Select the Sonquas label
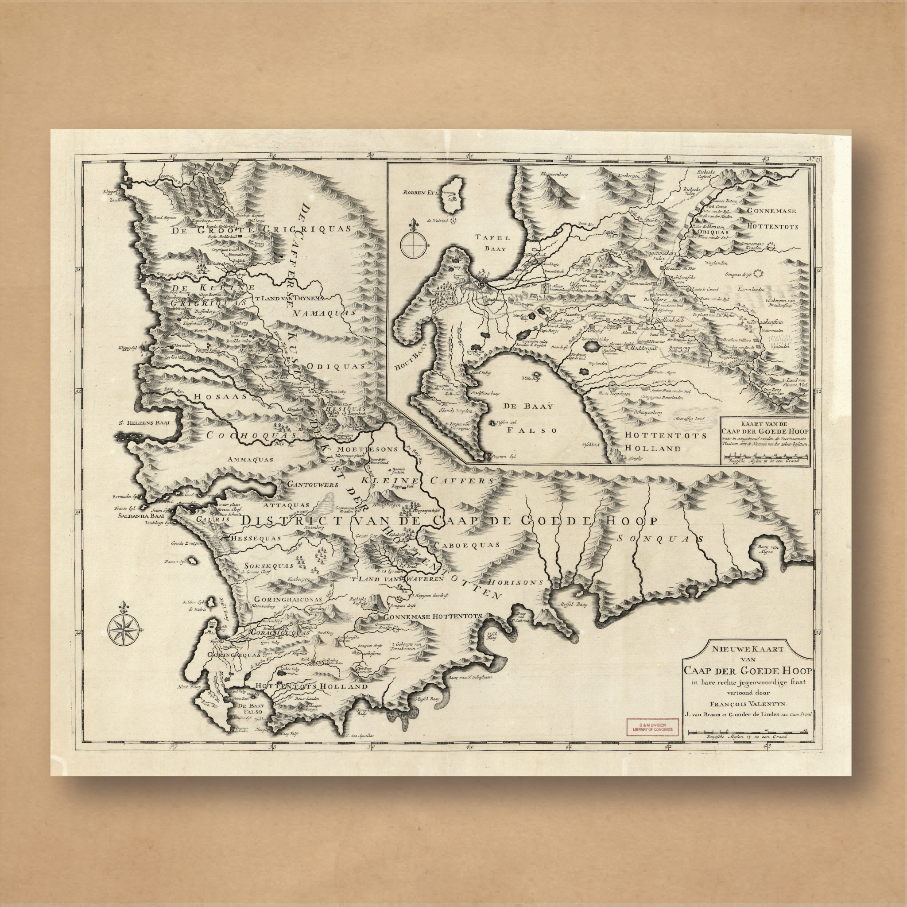(659, 539)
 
